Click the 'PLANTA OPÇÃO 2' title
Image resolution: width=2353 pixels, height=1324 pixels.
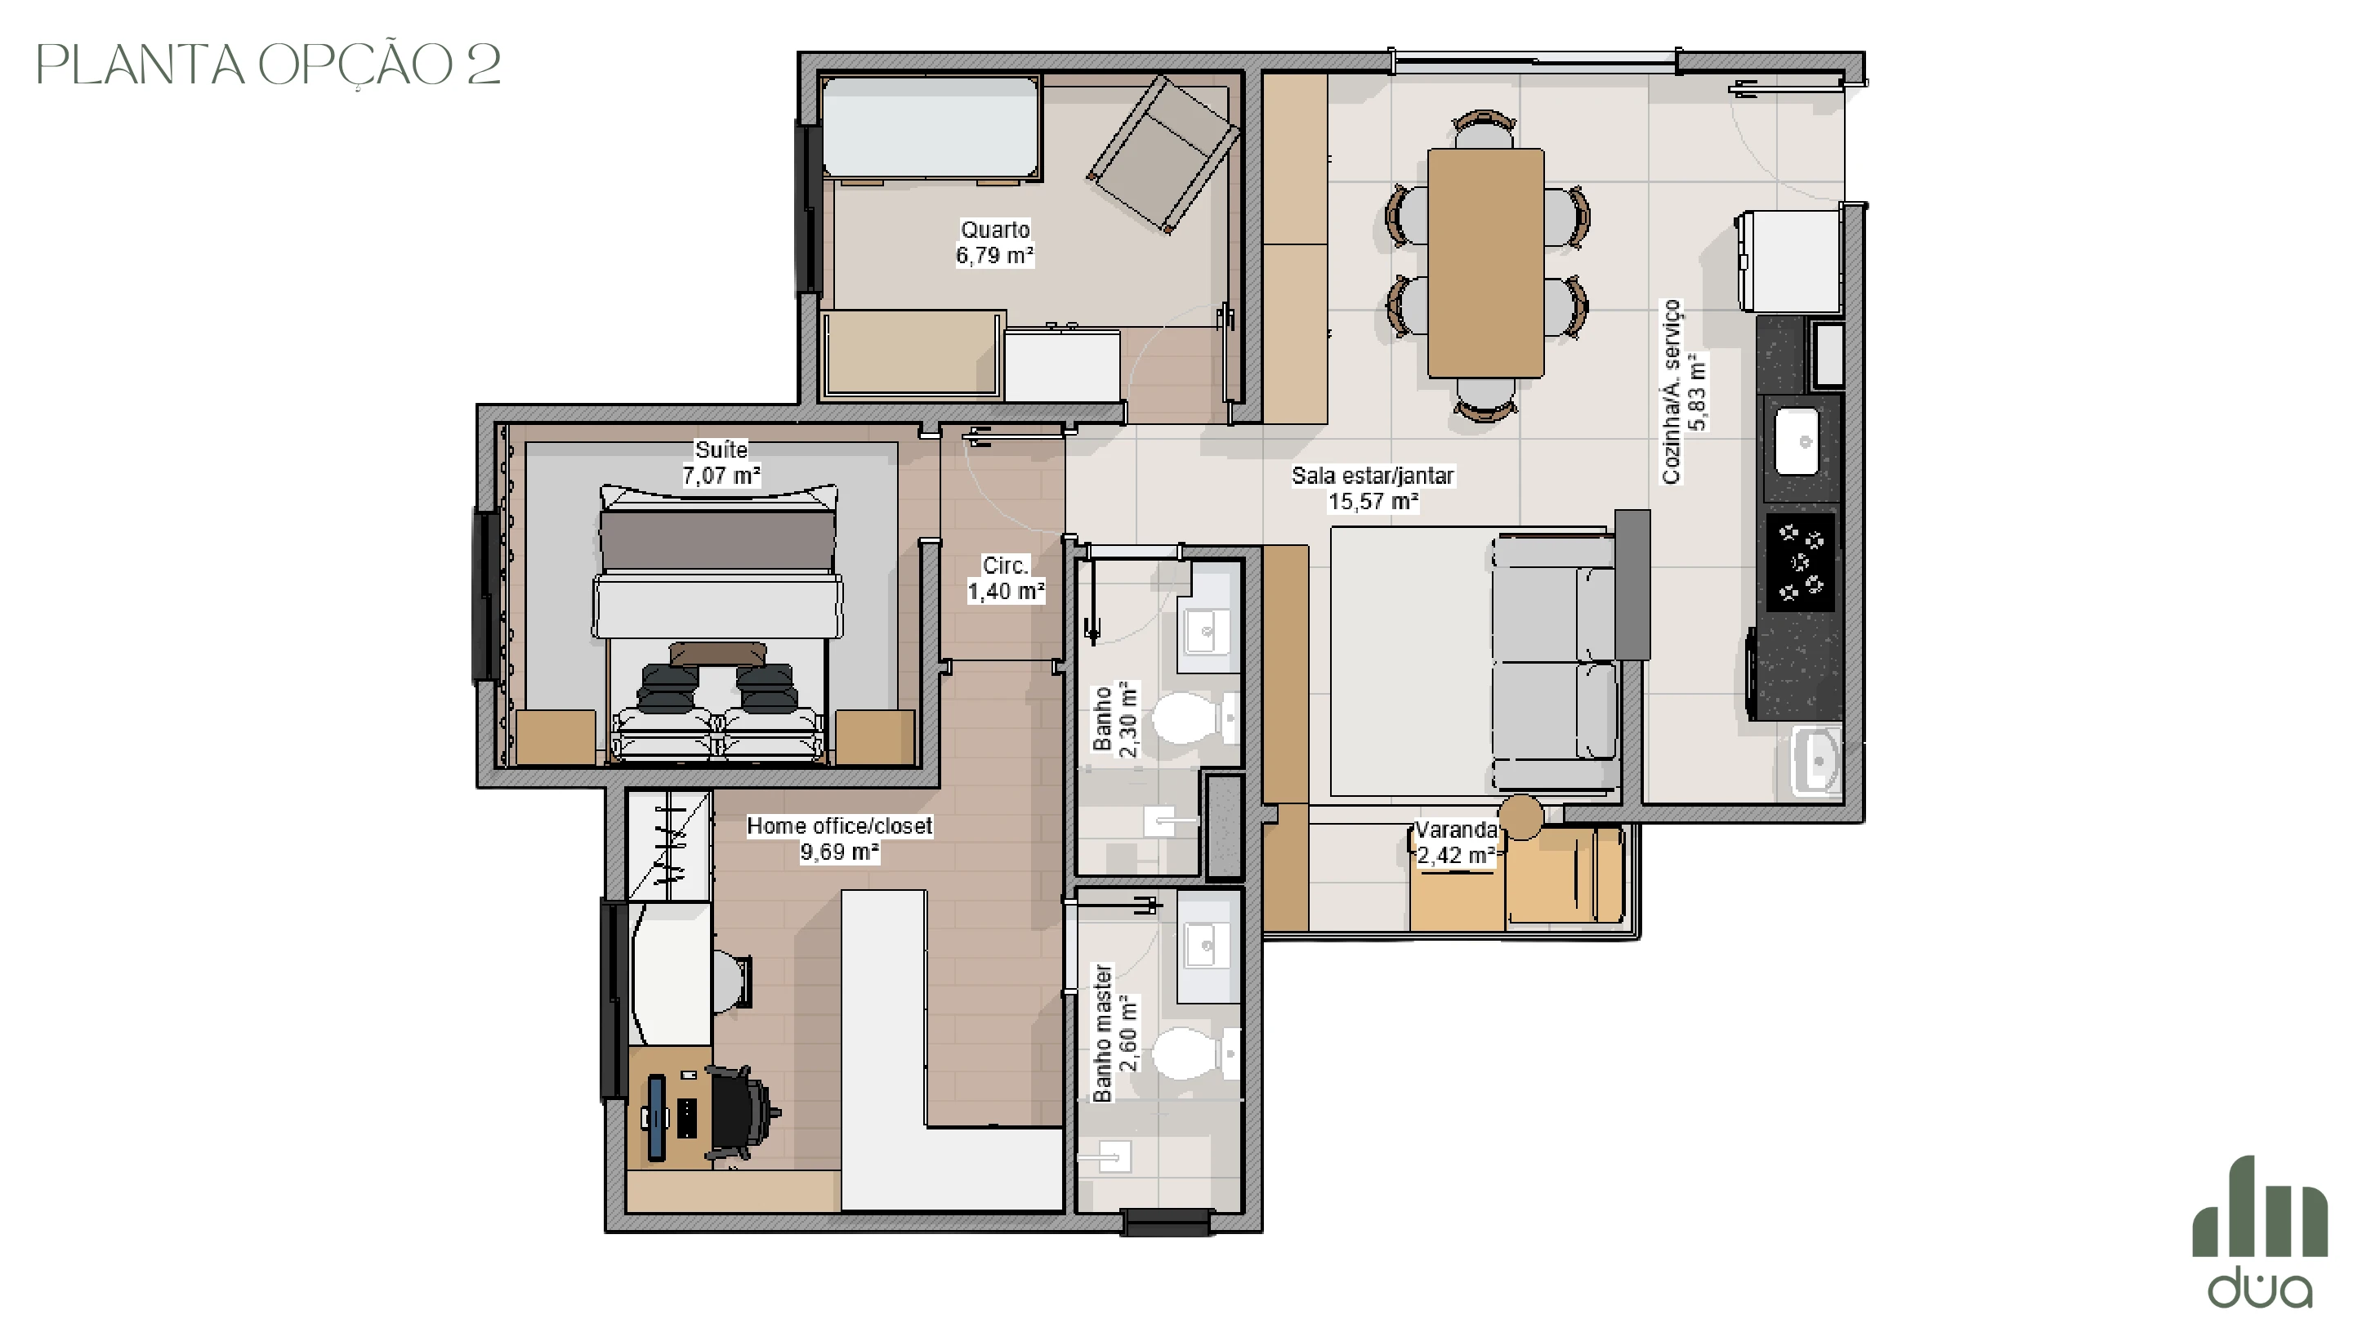pyautogui.click(x=269, y=65)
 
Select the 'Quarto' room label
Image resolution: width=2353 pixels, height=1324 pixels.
pyautogui.click(x=995, y=230)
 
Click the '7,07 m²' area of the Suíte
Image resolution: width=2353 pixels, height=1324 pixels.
pyautogui.click(x=721, y=475)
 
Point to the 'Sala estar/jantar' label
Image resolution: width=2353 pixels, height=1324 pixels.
pyautogui.click(x=1372, y=475)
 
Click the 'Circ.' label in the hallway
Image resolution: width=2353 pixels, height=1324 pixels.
pyautogui.click(x=1006, y=566)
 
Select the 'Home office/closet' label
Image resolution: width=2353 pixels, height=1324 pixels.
pyautogui.click(x=839, y=826)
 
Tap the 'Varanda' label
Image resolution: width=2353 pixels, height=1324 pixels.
pyautogui.click(x=1456, y=830)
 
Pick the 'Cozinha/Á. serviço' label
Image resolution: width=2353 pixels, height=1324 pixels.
pyautogui.click(x=1672, y=391)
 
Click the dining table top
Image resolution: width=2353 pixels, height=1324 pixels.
pyautogui.click(x=1485, y=263)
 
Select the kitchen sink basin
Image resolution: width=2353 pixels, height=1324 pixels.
pyautogui.click(x=1797, y=441)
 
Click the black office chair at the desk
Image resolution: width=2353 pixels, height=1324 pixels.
pyautogui.click(x=741, y=1116)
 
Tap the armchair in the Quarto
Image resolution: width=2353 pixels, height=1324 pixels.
pyautogui.click(x=1163, y=154)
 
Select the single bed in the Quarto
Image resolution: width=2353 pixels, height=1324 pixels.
pyautogui.click(x=931, y=128)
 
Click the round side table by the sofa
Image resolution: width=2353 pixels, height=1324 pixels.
pyautogui.click(x=1520, y=817)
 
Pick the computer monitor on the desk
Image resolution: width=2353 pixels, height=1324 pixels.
pyautogui.click(x=656, y=1118)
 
